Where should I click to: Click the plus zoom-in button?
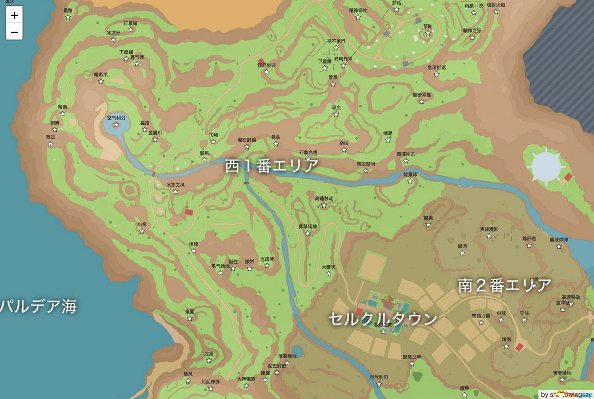tap(14, 15)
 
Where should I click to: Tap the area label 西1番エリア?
tap(272, 166)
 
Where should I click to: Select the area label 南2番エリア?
tap(505, 285)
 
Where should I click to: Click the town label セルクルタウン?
tap(383, 319)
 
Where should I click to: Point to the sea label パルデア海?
tap(38, 306)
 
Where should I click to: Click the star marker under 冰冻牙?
tap(113, 40)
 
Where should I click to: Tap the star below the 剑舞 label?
tap(55, 129)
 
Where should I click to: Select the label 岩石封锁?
tap(246, 140)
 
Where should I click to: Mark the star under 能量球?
tap(410, 181)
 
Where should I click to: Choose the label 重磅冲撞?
tap(421, 95)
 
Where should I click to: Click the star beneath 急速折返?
tap(436, 74)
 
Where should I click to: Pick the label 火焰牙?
tap(267, 259)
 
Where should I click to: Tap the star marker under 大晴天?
tap(328, 274)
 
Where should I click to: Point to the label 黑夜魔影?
tap(489, 229)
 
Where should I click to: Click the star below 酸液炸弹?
tap(559, 247)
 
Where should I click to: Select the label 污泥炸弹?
tap(210, 382)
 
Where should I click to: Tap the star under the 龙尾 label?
tap(209, 361)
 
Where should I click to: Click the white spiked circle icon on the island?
tap(546, 166)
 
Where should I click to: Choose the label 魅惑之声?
tap(412, 357)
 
